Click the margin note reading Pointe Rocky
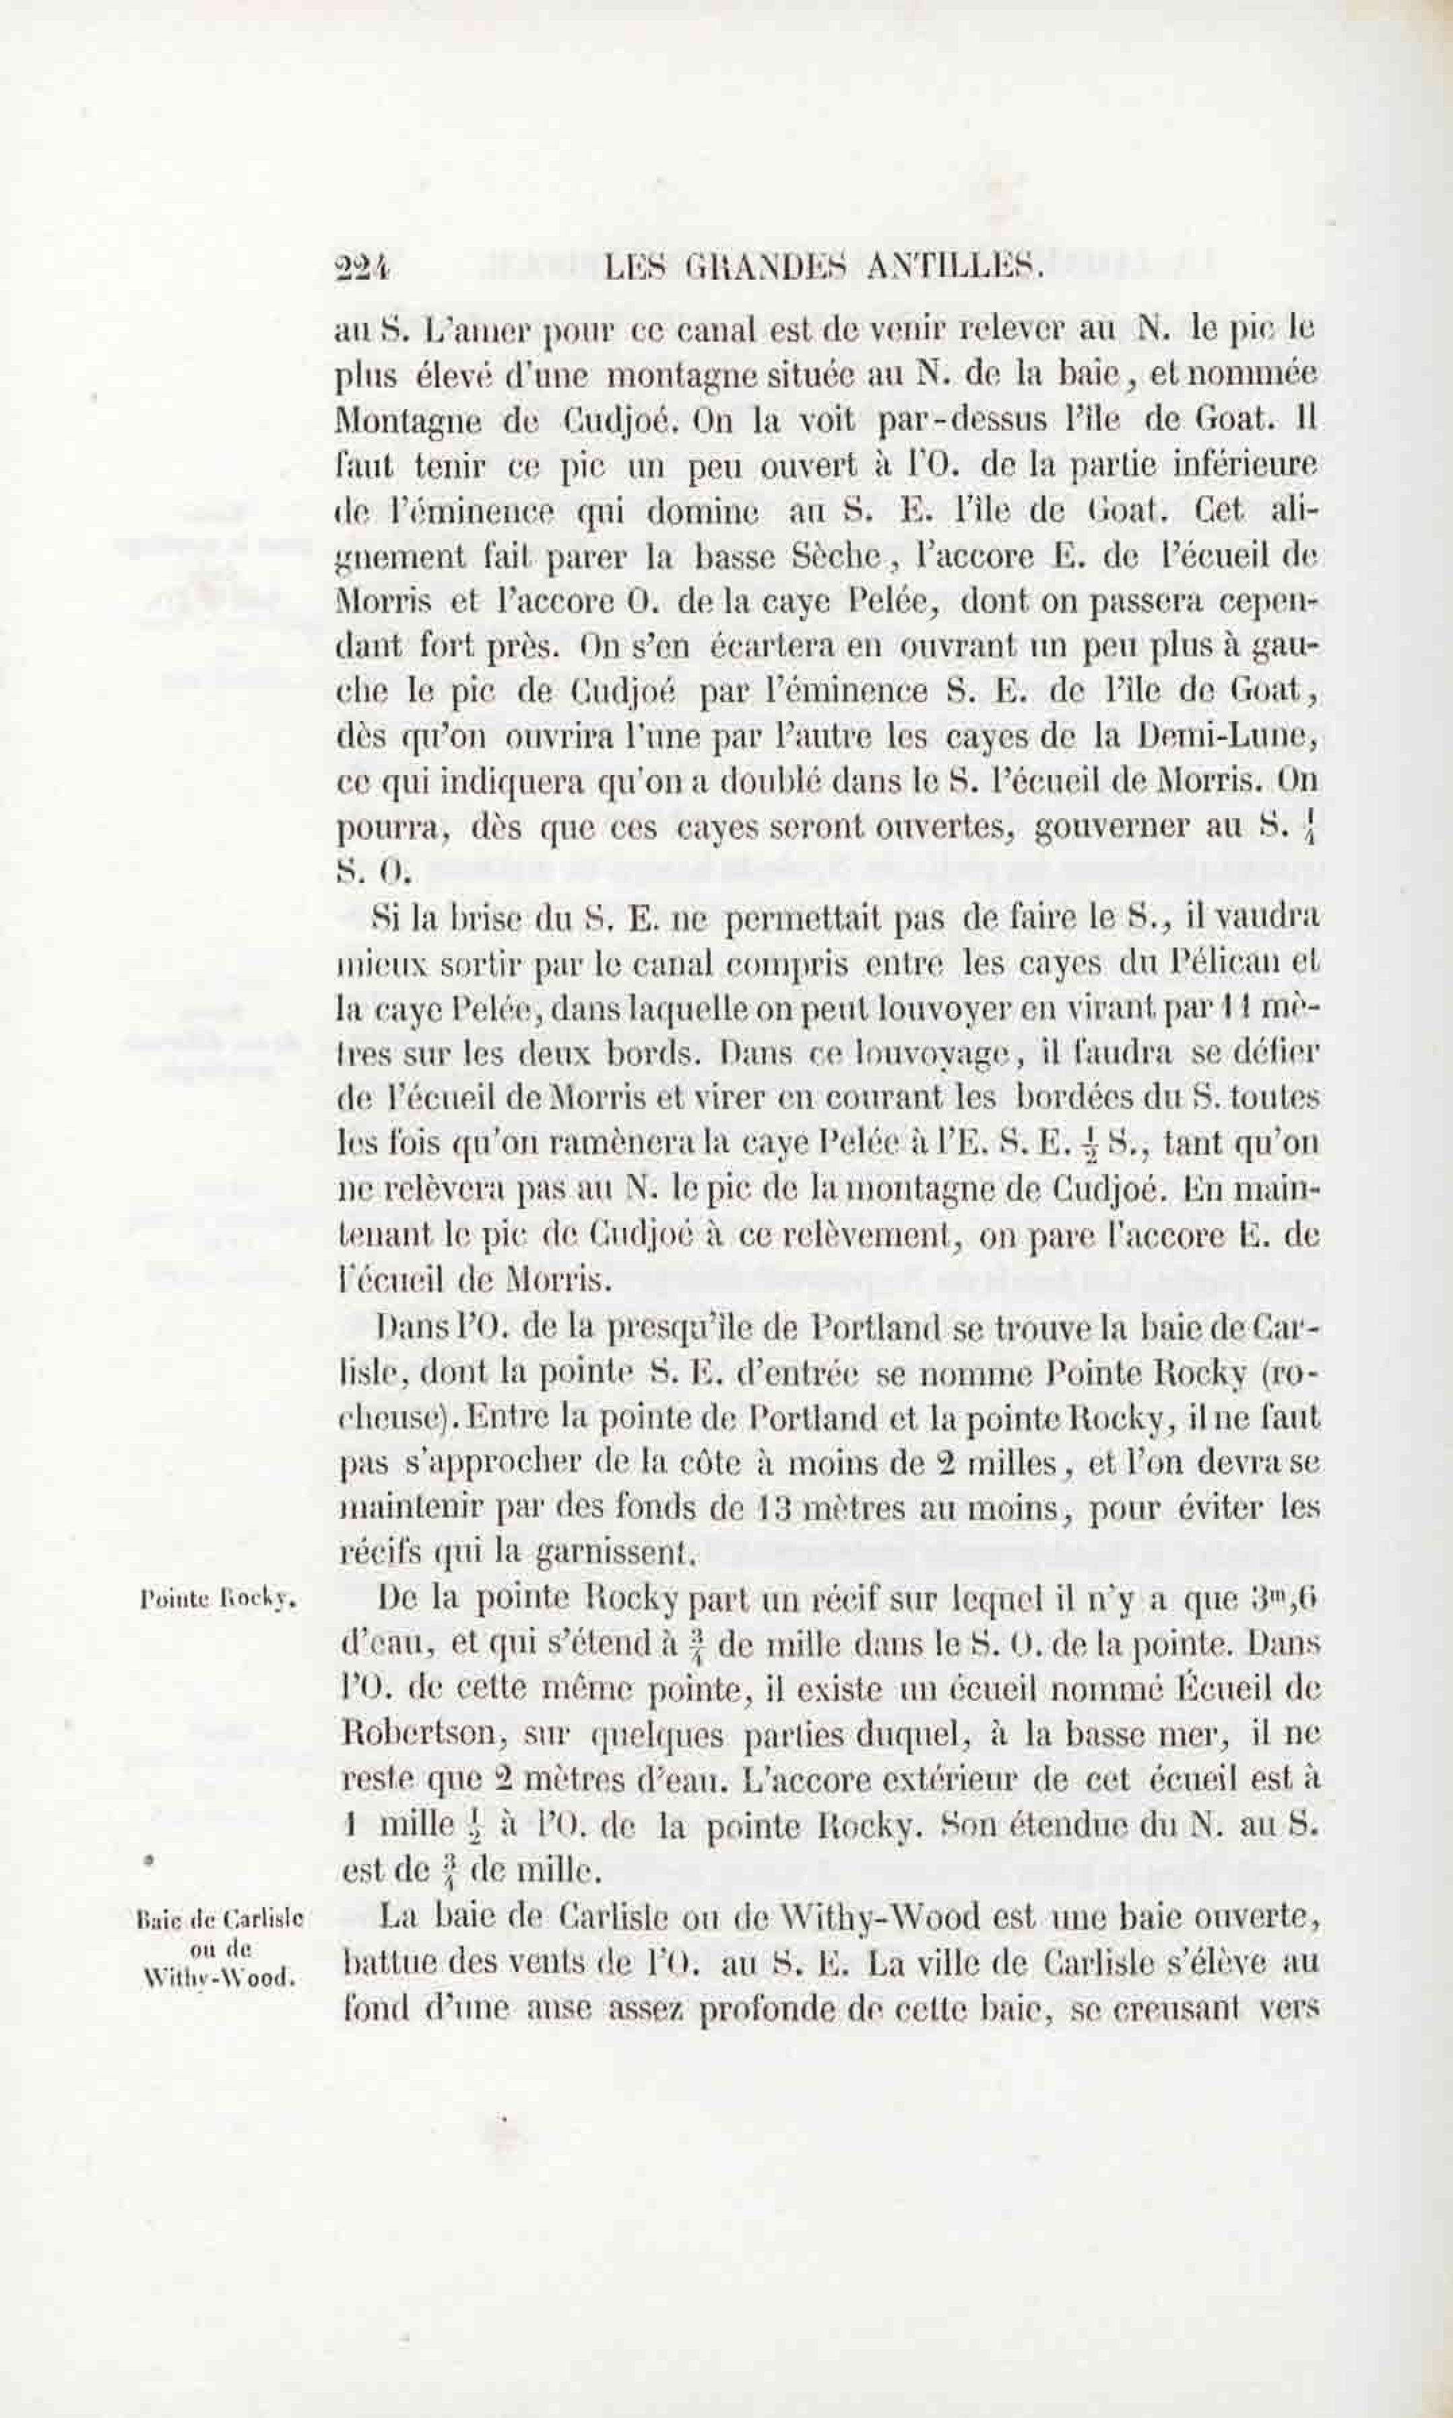click(218, 1599)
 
